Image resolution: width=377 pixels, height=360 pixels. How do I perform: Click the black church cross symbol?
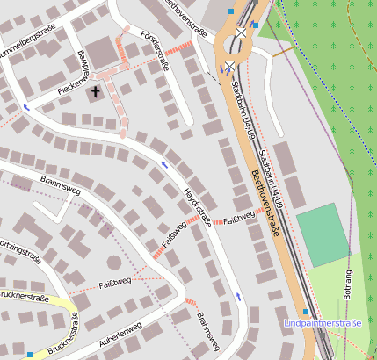(x=95, y=90)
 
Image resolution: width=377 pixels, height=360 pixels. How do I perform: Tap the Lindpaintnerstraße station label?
(x=323, y=324)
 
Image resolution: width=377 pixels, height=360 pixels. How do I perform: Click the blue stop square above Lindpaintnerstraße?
(x=305, y=312)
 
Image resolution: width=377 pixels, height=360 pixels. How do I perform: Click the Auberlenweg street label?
(x=120, y=333)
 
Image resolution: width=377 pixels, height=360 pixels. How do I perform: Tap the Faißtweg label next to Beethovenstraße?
(x=238, y=218)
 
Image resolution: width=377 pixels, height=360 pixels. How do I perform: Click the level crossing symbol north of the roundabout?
(x=241, y=32)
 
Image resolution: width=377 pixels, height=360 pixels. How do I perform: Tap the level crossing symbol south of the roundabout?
(x=228, y=66)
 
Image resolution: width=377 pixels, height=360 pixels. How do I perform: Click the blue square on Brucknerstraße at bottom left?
(x=30, y=355)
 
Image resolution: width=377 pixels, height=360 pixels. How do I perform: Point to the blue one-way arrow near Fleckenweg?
(x=25, y=107)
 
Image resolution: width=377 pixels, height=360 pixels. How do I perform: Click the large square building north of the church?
(x=103, y=52)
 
